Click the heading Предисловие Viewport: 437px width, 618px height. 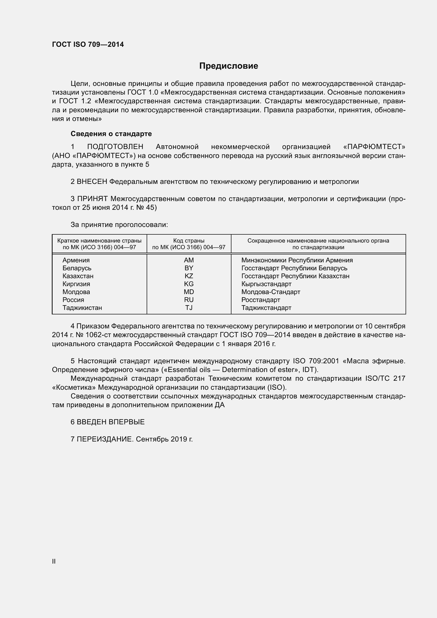click(x=229, y=66)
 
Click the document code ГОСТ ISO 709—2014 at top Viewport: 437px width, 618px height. click(x=88, y=44)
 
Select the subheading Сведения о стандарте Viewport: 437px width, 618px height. click(x=111, y=134)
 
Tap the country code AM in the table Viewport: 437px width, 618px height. click(x=189, y=260)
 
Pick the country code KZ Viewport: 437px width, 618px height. click(x=189, y=276)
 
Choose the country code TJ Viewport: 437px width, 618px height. click(x=189, y=308)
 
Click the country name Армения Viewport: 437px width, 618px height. click(x=76, y=260)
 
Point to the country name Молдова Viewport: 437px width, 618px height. click(x=76, y=292)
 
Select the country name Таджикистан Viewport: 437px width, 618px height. click(x=82, y=308)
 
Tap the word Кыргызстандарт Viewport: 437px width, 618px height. click(x=266, y=284)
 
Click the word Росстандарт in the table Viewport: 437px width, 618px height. click(x=261, y=300)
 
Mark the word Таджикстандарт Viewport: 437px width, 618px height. click(x=266, y=308)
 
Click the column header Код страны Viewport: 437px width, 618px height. click(x=189, y=241)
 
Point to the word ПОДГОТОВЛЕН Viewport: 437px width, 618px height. click(x=115, y=147)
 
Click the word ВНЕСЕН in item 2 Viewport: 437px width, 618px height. click(x=92, y=182)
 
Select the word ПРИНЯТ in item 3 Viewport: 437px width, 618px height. click(x=92, y=199)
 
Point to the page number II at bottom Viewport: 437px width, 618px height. click(x=54, y=561)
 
